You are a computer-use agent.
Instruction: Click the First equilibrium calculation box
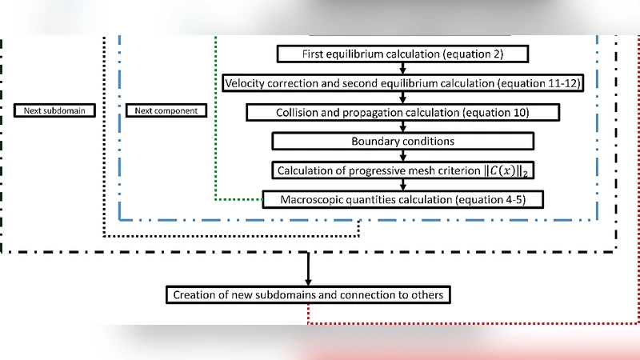coord(403,54)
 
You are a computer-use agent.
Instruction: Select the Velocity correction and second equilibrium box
coord(403,83)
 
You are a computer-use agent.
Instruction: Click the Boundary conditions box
coord(403,141)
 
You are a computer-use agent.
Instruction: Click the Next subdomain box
coord(54,110)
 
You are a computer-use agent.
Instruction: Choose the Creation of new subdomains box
coord(308,294)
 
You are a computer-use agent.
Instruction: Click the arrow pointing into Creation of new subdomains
coord(308,269)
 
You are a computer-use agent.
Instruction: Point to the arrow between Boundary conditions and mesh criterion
coord(403,156)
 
